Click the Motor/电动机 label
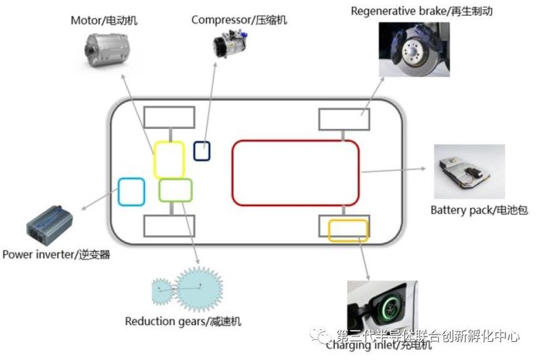click(104, 20)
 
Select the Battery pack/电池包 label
click(479, 210)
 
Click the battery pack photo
click(471, 171)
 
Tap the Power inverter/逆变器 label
click(56, 255)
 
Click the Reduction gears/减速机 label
click(183, 321)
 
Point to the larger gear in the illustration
click(199, 288)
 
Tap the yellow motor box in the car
click(169, 159)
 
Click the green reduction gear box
click(175, 191)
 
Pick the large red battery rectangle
click(296, 172)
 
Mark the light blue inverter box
click(132, 191)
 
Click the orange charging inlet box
click(348, 230)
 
